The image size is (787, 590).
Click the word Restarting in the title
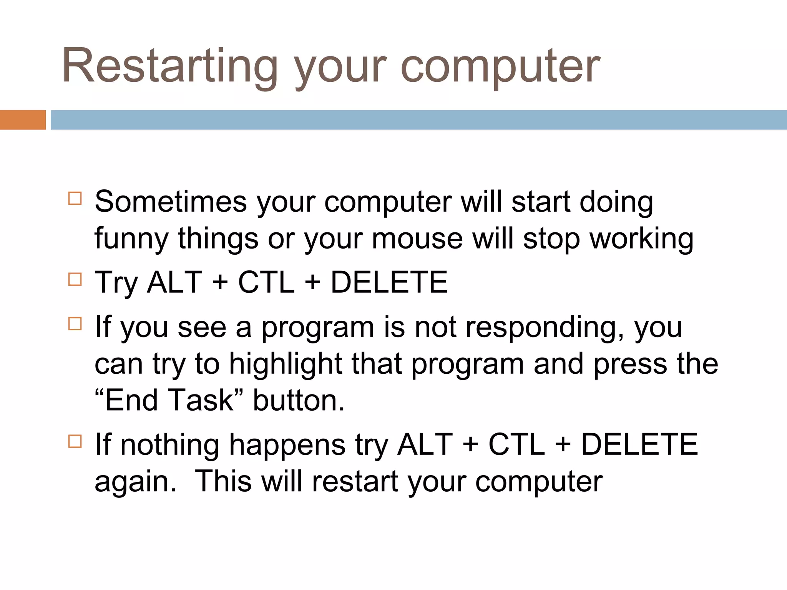pos(169,66)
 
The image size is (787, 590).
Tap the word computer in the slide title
pos(500,66)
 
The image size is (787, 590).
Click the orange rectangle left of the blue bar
pos(22,120)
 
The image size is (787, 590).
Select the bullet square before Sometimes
pos(75,198)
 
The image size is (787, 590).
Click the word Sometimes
pos(171,202)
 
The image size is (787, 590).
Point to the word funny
pos(131,239)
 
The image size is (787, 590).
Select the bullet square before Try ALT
pos(75,279)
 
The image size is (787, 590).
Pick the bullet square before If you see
pos(75,323)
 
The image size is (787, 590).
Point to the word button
pos(298,400)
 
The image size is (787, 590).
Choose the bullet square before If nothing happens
pos(75,441)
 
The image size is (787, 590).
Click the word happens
pos(287,445)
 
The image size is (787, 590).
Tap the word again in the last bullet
pos(135,482)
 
